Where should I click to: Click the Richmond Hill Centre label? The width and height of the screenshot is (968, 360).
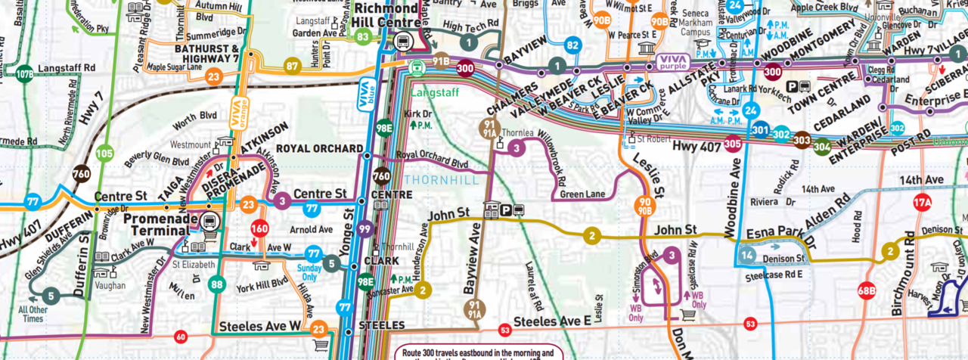click(386, 14)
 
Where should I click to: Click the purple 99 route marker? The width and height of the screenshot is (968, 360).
click(366, 229)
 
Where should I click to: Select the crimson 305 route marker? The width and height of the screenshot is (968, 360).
click(732, 143)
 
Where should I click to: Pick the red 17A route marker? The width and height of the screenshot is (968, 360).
click(922, 203)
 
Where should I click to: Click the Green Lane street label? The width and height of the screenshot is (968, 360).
click(583, 194)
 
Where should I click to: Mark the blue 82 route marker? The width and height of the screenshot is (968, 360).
click(572, 45)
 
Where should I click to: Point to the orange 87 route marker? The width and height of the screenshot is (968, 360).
click(293, 67)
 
